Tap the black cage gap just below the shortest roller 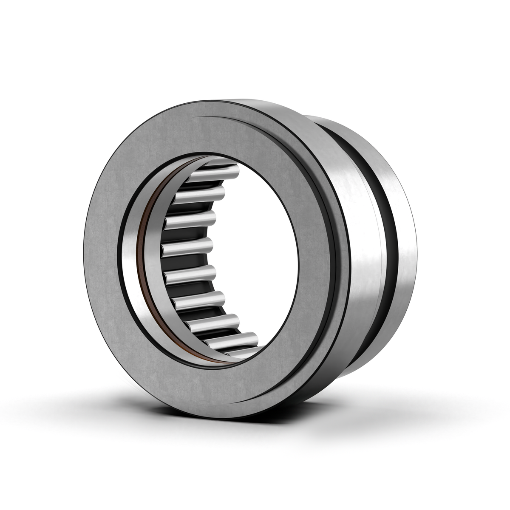point(187,261)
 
